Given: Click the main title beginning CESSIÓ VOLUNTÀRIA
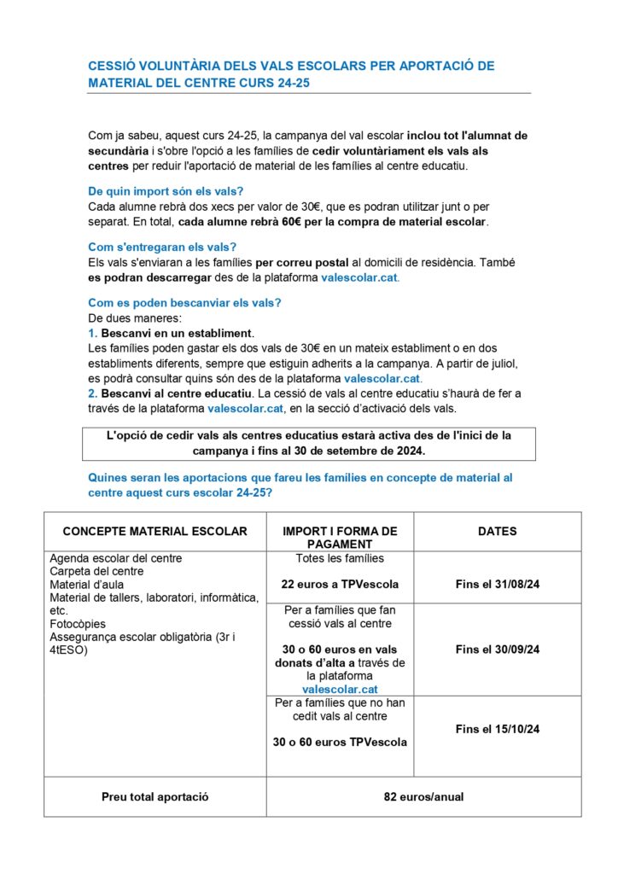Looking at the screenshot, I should [x=291, y=74].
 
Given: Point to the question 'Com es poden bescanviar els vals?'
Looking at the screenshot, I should [x=184, y=303].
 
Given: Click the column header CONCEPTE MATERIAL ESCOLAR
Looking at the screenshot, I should [x=154, y=531].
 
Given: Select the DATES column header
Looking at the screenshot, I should [x=497, y=531].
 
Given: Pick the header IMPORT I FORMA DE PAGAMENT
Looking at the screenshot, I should [x=340, y=537].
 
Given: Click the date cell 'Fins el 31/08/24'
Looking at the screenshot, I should [x=497, y=585].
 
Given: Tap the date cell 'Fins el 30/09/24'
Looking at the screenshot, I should [x=497, y=650].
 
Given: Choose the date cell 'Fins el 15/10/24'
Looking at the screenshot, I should [x=497, y=729].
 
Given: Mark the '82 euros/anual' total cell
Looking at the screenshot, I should [x=423, y=797].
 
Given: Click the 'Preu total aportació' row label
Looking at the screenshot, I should [x=154, y=797].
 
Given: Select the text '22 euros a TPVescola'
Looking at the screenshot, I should [x=340, y=585].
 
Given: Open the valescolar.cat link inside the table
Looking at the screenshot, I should [x=340, y=689].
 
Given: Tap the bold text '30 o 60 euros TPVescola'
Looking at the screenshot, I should [x=340, y=743].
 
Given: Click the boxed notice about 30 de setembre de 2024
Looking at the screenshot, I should [x=308, y=442].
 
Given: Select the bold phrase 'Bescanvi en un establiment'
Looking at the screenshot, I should [x=177, y=332].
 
